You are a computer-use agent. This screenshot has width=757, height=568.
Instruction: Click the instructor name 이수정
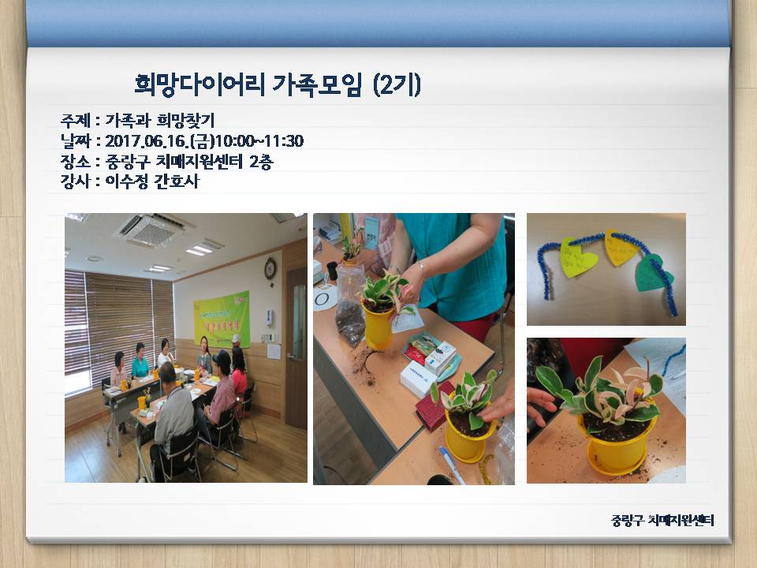pyautogui.click(x=131, y=181)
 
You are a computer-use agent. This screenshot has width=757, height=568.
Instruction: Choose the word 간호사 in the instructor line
pyautogui.click(x=184, y=181)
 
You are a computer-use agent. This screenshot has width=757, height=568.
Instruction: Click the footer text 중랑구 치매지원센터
pyautogui.click(x=662, y=521)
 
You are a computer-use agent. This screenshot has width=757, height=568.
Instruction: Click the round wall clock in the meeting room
pyautogui.click(x=270, y=268)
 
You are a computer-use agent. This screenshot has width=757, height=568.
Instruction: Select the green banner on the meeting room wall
pyautogui.click(x=222, y=318)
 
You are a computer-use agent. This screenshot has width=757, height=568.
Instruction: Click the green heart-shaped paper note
pyautogui.click(x=653, y=271)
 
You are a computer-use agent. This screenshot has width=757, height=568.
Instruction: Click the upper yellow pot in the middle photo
pyautogui.click(x=378, y=323)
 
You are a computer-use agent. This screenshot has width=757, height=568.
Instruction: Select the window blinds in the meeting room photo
pyautogui.click(x=118, y=316)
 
